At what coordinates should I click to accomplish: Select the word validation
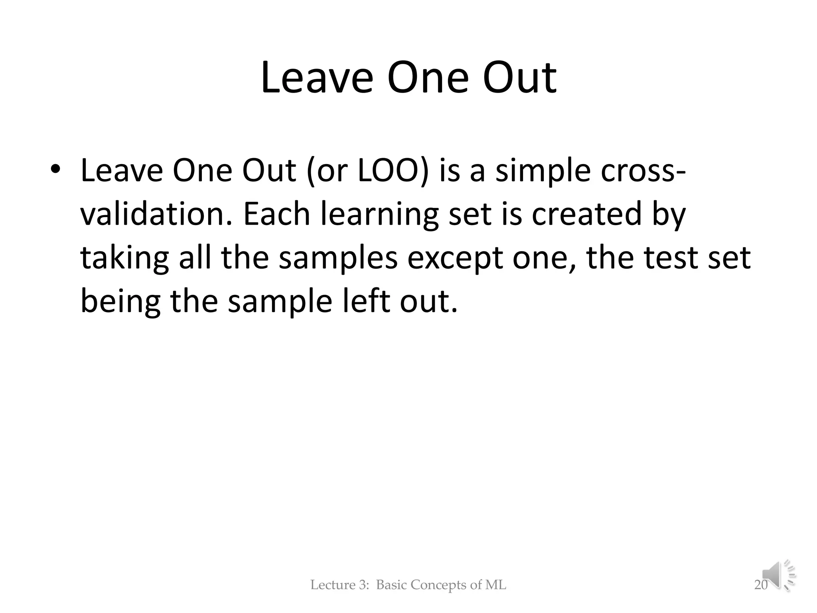156,214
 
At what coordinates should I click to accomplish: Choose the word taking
125,258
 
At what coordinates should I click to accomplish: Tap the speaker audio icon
778,575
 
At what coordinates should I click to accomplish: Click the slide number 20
761,585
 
